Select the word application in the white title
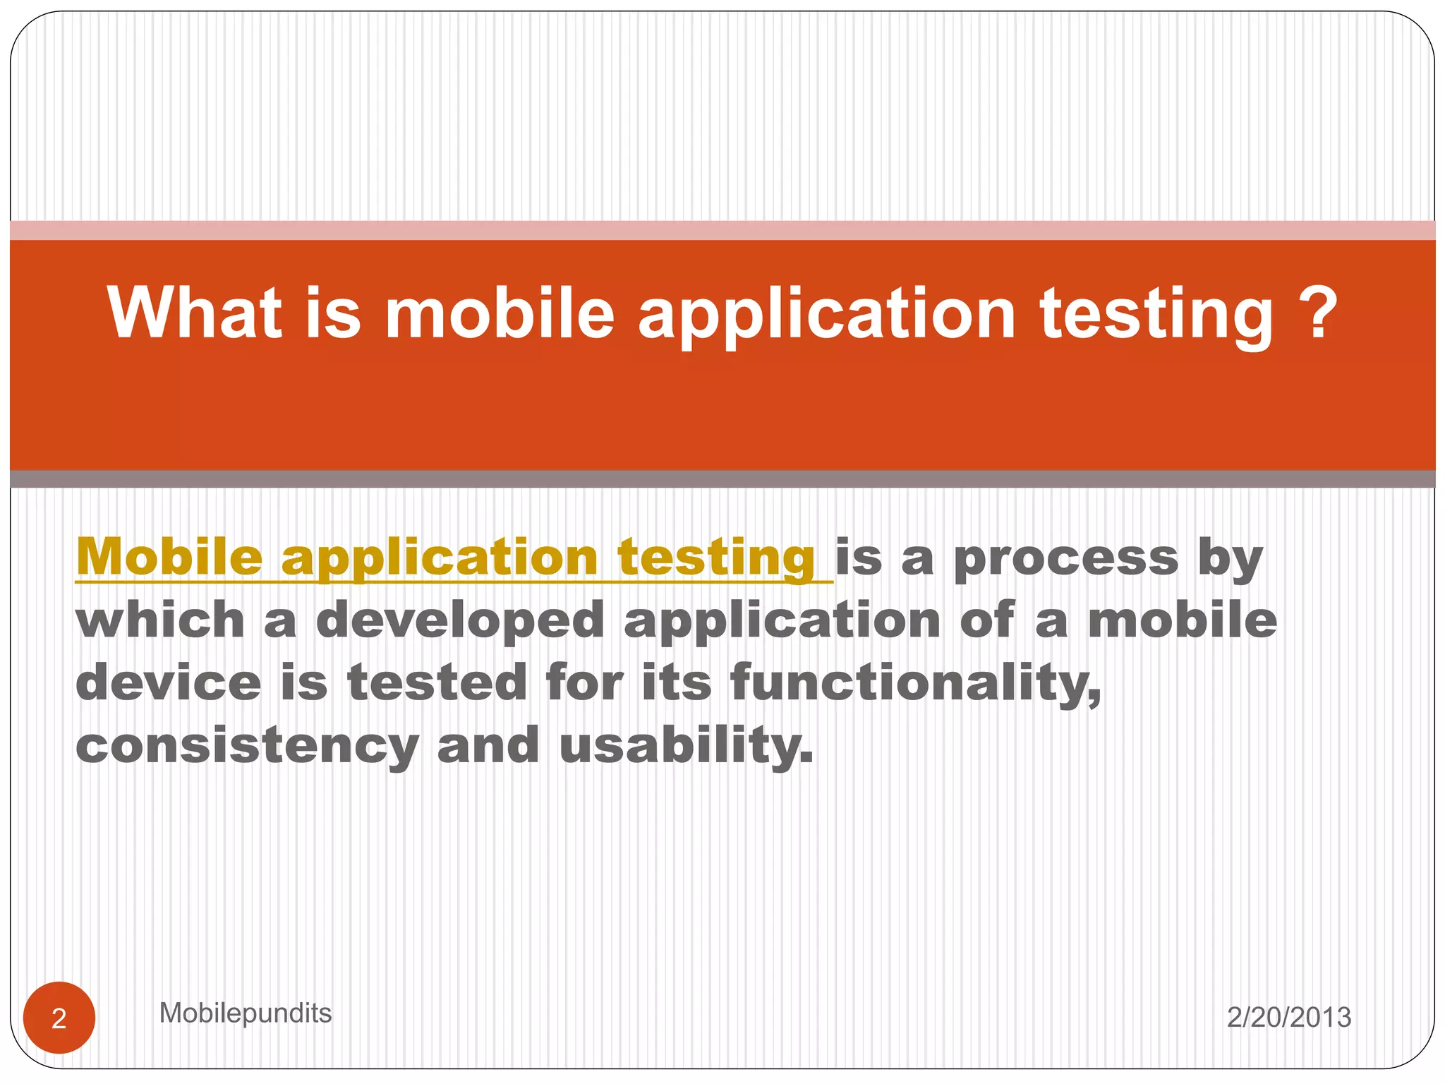(x=826, y=315)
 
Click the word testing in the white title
(x=1157, y=315)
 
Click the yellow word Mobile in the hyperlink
(x=169, y=557)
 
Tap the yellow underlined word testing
(x=716, y=559)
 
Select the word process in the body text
(x=1066, y=559)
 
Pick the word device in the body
(x=168, y=682)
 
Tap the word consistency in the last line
(x=248, y=747)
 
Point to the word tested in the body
(x=437, y=682)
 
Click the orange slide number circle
(x=59, y=1018)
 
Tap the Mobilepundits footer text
(x=245, y=1013)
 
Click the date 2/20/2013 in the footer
(x=1288, y=1017)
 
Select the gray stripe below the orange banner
(x=722, y=479)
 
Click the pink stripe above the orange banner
(x=722, y=230)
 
